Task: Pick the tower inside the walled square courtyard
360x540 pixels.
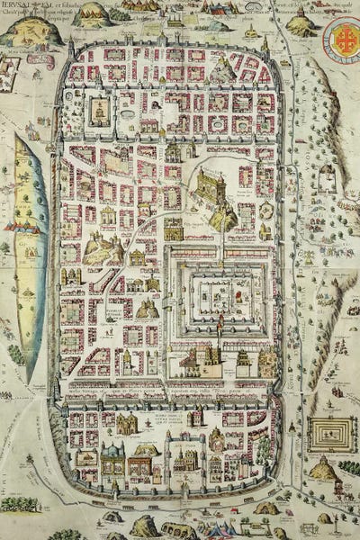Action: coord(99,111)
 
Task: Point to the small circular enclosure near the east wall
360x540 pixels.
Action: coord(266,211)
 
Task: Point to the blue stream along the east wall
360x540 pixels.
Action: coord(285,270)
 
